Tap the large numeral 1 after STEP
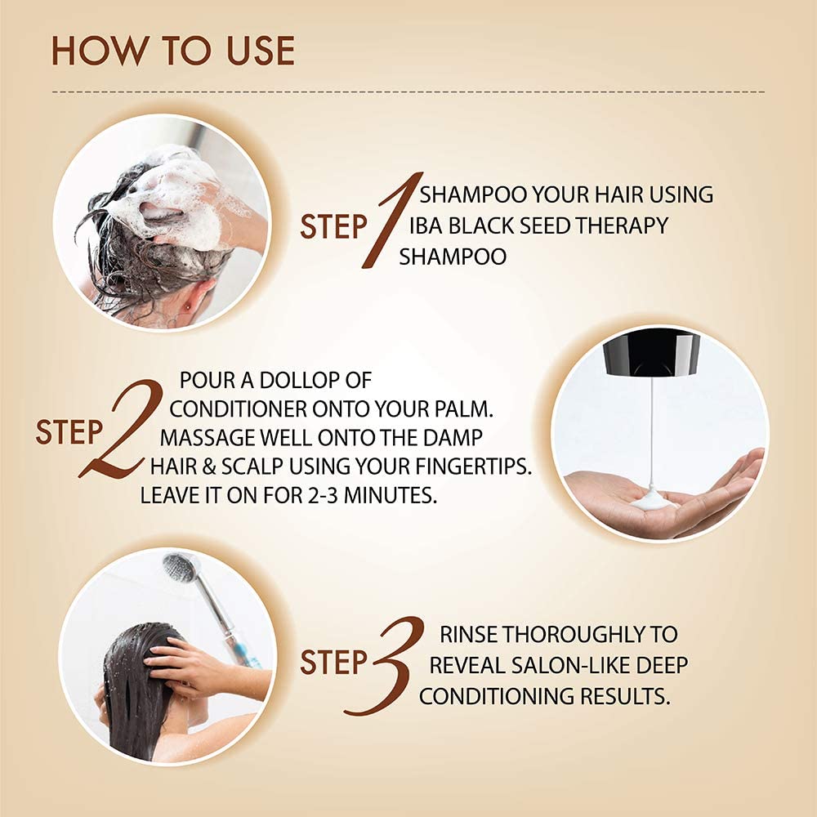click(x=392, y=220)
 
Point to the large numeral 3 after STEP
click(x=385, y=665)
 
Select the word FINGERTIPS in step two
click(x=473, y=467)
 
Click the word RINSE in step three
click(x=468, y=635)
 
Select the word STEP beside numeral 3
click(x=333, y=663)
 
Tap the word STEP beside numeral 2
click(x=69, y=432)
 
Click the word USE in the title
click(x=261, y=51)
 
